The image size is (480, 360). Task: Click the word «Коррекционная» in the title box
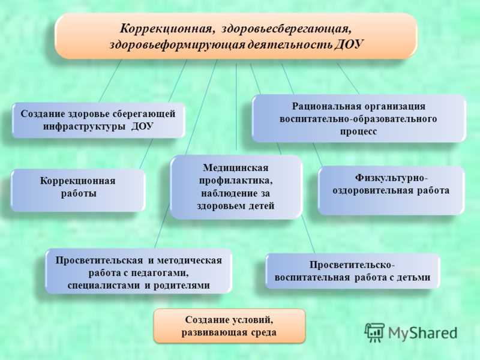point(166,29)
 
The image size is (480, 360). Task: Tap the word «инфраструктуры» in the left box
point(84,127)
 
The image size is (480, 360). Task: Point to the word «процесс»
point(358,131)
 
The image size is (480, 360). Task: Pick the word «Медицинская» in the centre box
point(235,168)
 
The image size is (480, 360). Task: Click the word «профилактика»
point(236,181)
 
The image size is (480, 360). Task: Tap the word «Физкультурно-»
point(391,178)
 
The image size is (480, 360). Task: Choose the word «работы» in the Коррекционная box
point(79,193)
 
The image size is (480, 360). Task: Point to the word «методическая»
point(189,260)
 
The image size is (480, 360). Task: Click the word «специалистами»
point(104,286)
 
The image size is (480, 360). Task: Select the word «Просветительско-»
point(352,265)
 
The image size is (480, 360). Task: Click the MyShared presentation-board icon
point(374,332)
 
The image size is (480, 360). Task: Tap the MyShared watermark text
point(423,333)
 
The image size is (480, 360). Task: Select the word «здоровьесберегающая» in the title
point(286,29)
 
